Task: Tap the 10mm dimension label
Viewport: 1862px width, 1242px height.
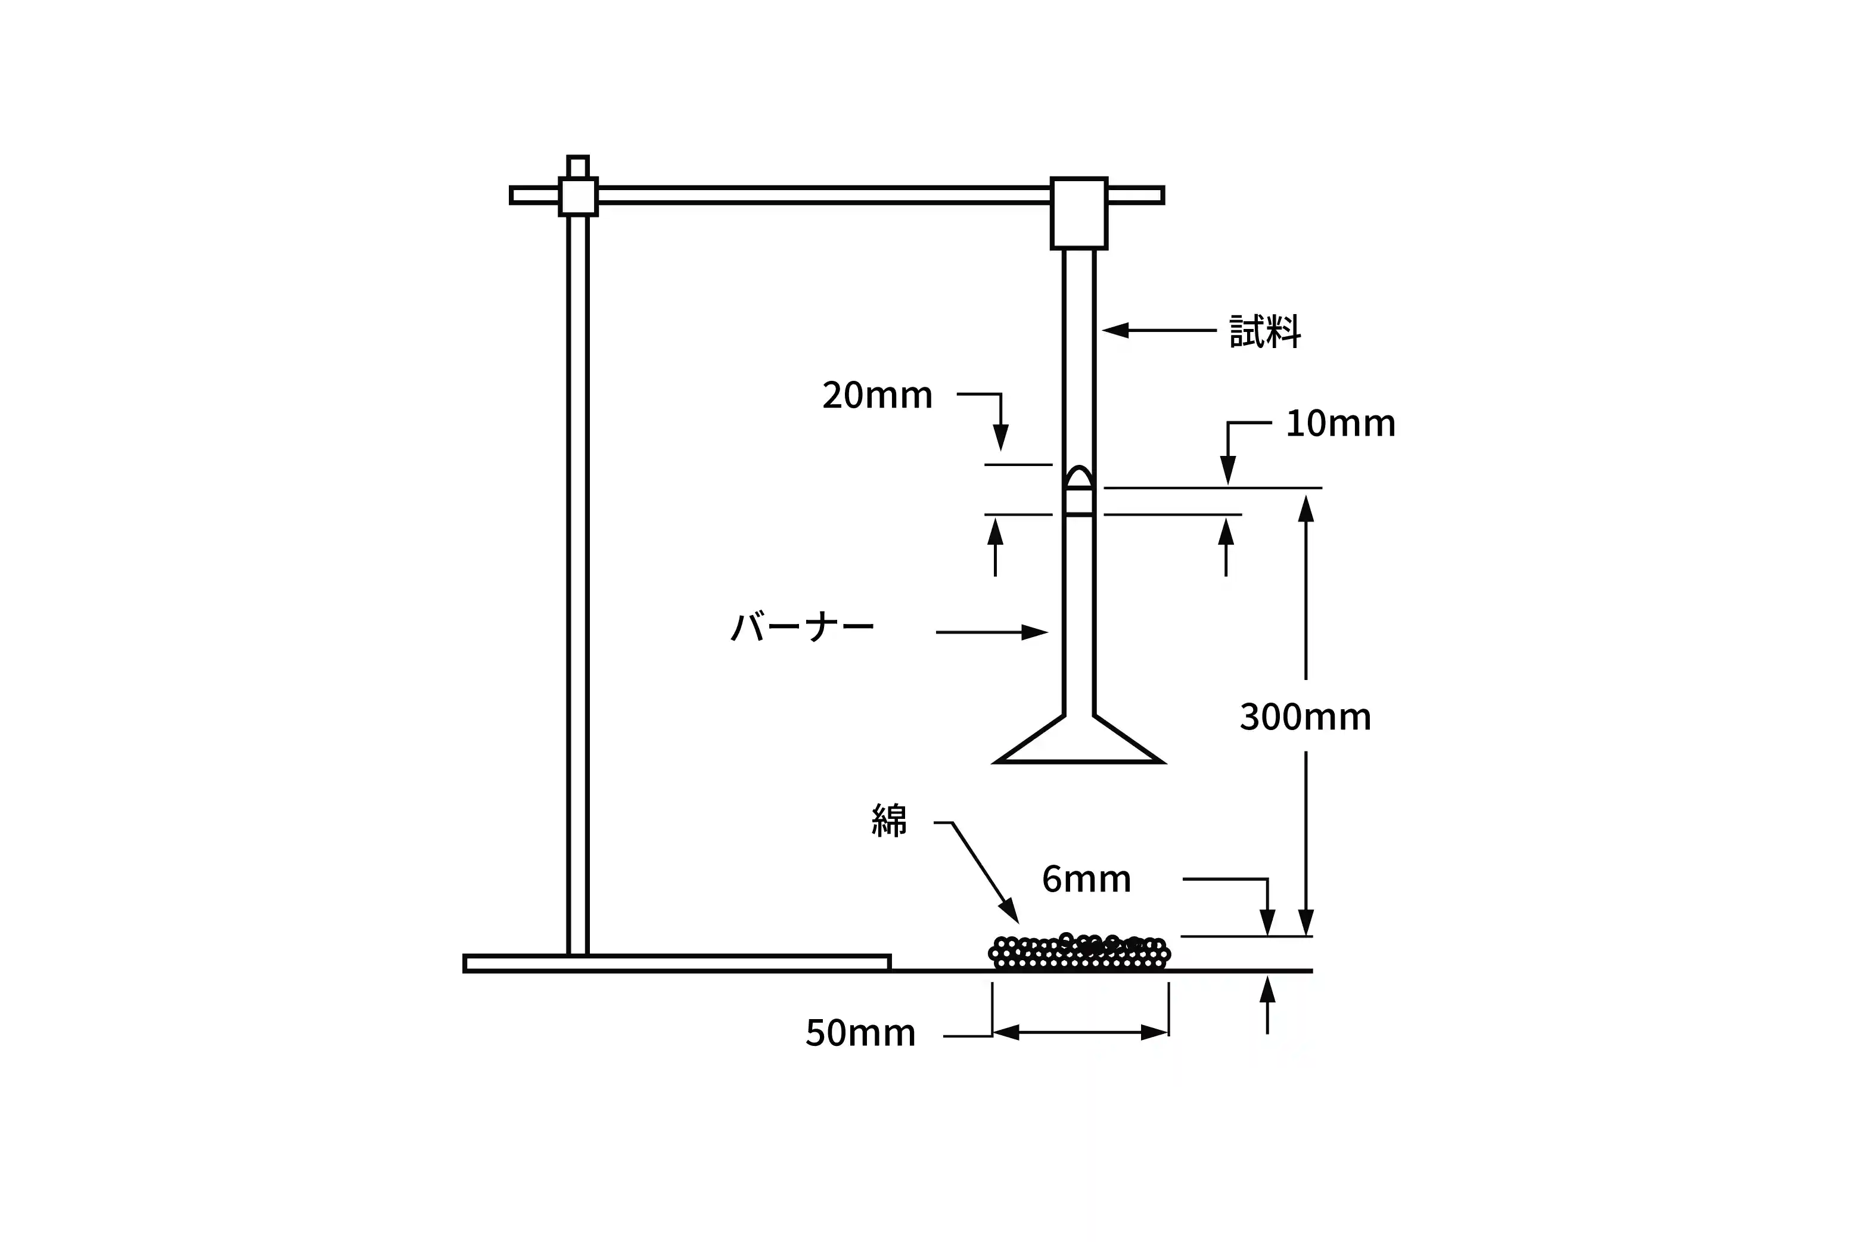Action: click(1339, 424)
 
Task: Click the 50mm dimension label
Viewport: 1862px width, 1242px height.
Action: click(860, 1033)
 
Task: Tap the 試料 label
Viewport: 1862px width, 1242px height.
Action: click(1265, 331)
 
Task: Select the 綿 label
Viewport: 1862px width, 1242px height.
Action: click(888, 821)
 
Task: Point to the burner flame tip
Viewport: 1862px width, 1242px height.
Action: click(1078, 467)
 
